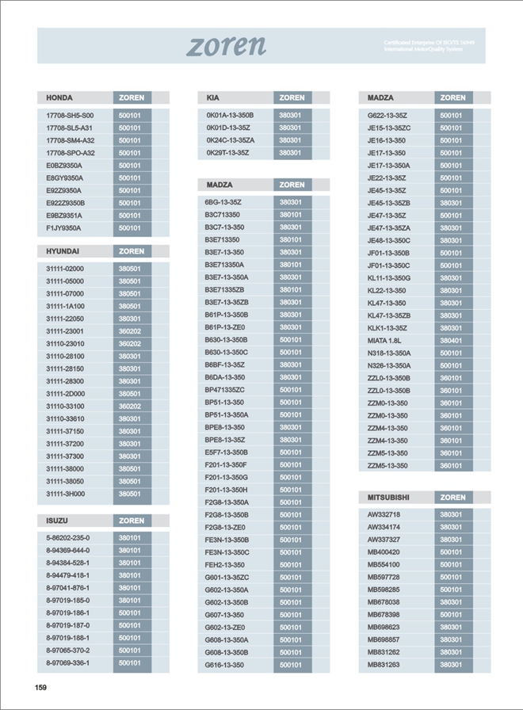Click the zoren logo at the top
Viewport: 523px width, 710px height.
226,45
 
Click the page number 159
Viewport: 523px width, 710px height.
41,688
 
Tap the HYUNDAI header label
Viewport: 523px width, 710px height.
63,251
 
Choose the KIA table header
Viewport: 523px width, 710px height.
213,97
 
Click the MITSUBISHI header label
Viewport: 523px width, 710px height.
388,498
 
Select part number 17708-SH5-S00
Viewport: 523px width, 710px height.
70,115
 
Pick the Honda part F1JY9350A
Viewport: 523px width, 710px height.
63,228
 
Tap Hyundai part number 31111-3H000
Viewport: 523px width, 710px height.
65,494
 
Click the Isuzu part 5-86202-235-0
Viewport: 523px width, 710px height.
68,537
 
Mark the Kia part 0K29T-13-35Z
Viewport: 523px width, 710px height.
228,153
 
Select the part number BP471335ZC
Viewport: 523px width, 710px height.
225,390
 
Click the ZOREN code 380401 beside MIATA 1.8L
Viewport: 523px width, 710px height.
452,341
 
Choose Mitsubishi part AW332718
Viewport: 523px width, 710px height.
384,514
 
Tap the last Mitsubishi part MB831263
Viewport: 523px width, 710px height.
384,665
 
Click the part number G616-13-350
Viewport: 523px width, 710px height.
224,665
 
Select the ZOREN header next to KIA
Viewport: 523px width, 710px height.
292,97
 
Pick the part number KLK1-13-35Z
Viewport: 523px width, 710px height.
387,328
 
